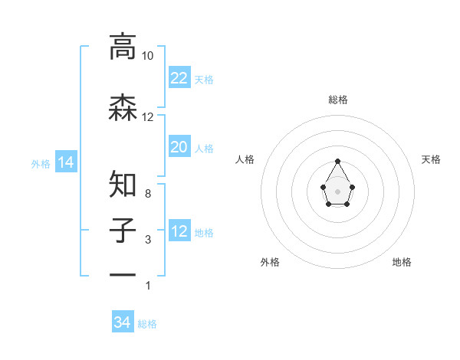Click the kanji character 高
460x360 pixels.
click(x=123, y=47)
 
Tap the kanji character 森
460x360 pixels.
click(x=123, y=107)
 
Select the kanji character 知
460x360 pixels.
click(x=123, y=185)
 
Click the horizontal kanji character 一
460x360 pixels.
click(x=123, y=274)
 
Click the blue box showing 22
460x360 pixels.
click(x=179, y=78)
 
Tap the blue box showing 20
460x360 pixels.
click(x=179, y=147)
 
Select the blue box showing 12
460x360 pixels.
click(x=179, y=231)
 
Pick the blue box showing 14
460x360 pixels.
click(x=65, y=162)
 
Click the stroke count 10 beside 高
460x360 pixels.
click(x=147, y=56)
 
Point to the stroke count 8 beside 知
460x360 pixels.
click(x=147, y=194)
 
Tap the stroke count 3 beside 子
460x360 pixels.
click(x=147, y=240)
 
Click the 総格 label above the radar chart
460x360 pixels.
click(x=338, y=100)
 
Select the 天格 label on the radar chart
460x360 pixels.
click(x=431, y=159)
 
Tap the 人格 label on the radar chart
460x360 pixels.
click(x=245, y=159)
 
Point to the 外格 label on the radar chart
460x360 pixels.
click(x=270, y=262)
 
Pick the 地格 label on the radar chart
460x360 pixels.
click(x=402, y=262)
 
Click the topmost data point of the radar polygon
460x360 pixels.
click(x=338, y=161)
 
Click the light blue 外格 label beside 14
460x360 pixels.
click(x=41, y=163)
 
